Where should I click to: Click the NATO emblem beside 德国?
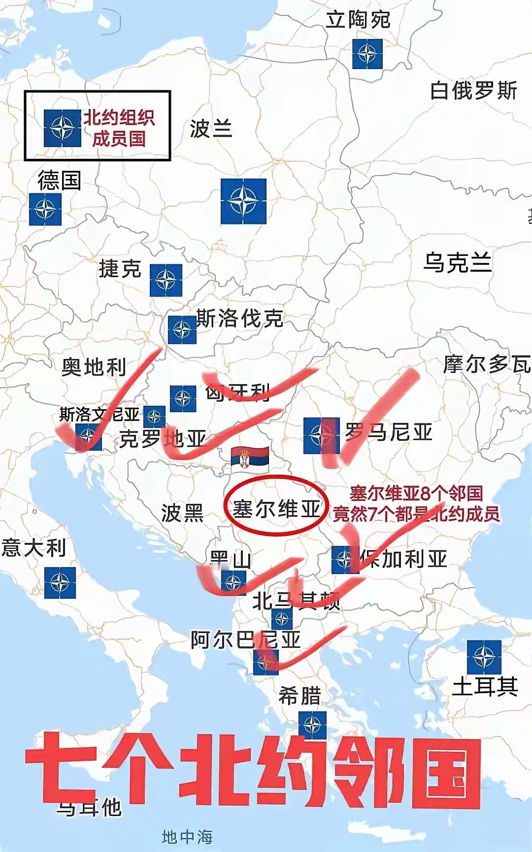(x=45, y=209)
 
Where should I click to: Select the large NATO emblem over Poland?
(x=243, y=201)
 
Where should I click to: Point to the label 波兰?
(x=211, y=129)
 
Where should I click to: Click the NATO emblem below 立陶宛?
(x=367, y=54)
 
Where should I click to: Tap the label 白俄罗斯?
(x=473, y=91)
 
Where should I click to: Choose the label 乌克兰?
(x=458, y=262)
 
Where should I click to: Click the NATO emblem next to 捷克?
(x=166, y=280)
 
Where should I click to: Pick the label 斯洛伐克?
(x=240, y=319)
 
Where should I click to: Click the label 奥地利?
(x=94, y=367)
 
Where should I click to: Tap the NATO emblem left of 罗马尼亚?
(x=321, y=435)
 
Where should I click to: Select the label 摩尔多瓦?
(x=487, y=364)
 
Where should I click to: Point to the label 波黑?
(x=182, y=513)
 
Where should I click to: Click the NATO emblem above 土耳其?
(x=484, y=657)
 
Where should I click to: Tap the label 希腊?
(x=299, y=696)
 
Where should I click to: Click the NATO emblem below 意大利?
(x=60, y=583)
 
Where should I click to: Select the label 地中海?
(x=187, y=837)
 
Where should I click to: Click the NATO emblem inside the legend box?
(x=62, y=128)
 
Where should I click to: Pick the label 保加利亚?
(x=403, y=559)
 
